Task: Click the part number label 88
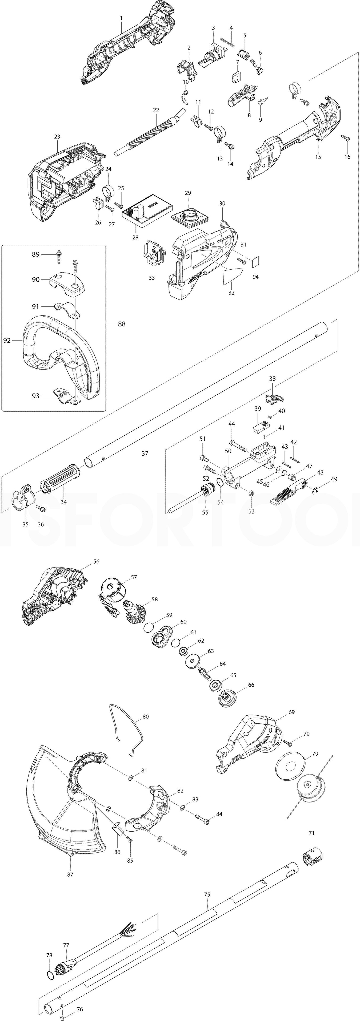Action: coord(121,324)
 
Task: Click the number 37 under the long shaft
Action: coord(145,453)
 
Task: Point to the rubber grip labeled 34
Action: coord(59,480)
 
